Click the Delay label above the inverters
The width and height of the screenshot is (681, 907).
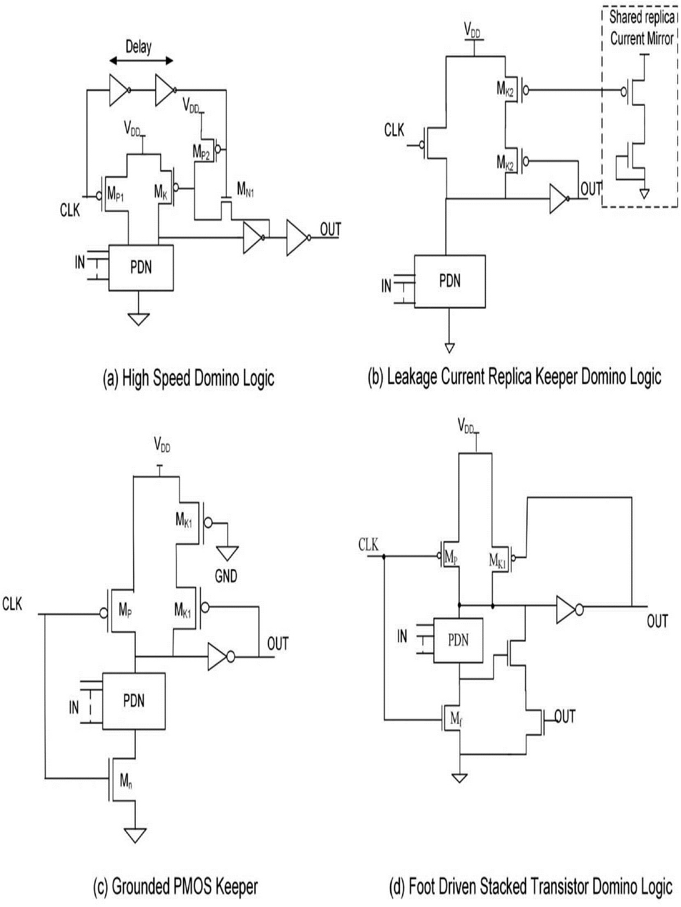tap(138, 47)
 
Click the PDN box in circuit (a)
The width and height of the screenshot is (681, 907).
tap(141, 268)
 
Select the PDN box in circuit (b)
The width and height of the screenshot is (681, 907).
tap(449, 281)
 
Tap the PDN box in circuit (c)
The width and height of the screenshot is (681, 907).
tap(134, 701)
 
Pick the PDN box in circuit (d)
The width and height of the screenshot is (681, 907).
tap(458, 640)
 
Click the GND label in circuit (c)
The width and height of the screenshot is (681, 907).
tap(226, 576)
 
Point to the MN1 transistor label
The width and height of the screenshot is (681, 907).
tap(245, 190)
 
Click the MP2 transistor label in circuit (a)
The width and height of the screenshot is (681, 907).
tap(201, 152)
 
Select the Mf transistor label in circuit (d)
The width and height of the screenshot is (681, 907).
tap(456, 719)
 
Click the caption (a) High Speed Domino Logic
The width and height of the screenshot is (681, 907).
tap(188, 378)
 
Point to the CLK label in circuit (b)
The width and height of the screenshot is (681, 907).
tap(394, 131)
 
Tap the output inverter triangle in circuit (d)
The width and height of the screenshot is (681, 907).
tap(566, 610)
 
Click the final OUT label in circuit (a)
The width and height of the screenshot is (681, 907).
tap(330, 229)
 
